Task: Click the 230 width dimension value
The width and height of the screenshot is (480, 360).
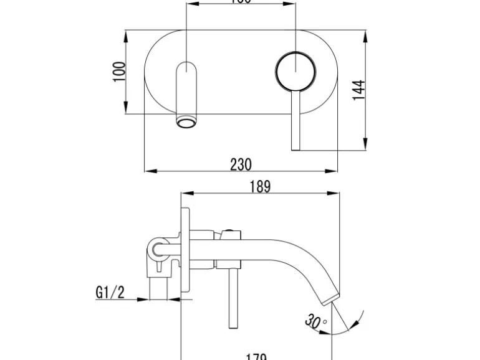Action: click(241, 164)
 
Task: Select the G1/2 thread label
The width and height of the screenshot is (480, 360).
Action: click(110, 291)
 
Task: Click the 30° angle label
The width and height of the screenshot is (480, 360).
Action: click(315, 321)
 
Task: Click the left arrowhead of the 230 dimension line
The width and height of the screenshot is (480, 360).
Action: click(148, 171)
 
